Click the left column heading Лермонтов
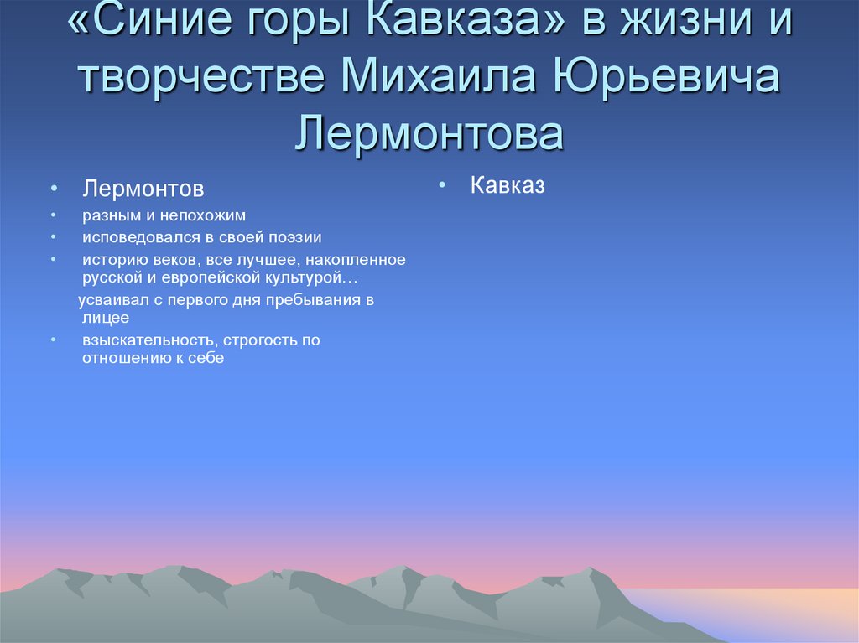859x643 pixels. click(x=143, y=188)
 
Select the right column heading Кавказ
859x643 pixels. click(x=508, y=185)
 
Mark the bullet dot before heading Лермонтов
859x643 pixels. click(x=53, y=188)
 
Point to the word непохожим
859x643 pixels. click(x=206, y=215)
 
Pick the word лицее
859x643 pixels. click(x=106, y=318)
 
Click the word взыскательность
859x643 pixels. click(x=149, y=340)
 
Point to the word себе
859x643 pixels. click(x=206, y=357)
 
